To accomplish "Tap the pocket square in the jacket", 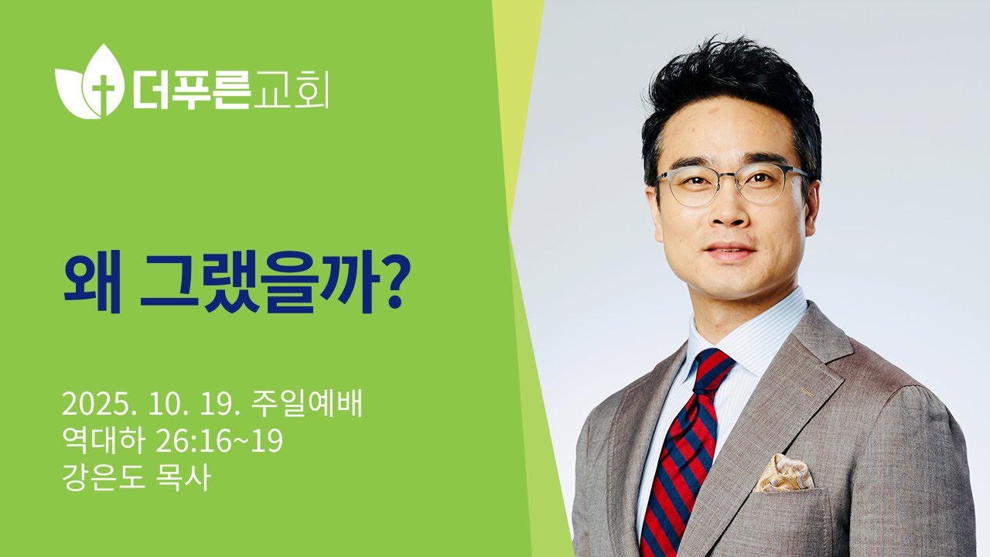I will [x=783, y=473].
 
